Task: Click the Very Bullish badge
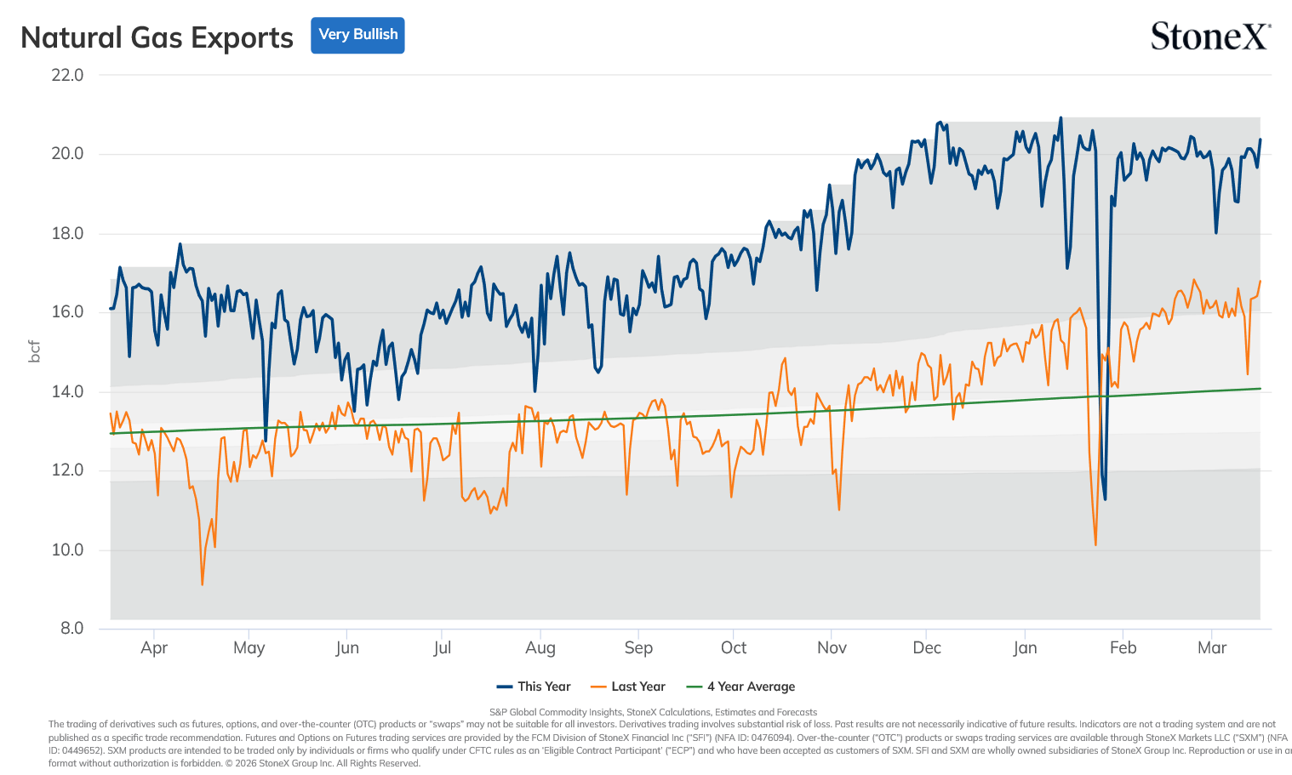point(357,35)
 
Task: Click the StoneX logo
point(1210,36)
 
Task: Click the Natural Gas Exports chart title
point(157,37)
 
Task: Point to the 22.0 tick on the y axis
point(67,75)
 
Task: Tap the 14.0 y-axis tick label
point(67,391)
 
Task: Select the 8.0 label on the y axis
point(72,628)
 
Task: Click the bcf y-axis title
point(35,351)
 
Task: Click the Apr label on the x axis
point(154,647)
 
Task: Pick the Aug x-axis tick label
point(540,647)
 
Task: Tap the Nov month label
point(832,647)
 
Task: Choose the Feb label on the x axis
point(1123,647)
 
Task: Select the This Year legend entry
point(534,687)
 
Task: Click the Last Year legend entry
point(628,687)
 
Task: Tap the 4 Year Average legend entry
point(740,687)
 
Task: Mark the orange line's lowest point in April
point(203,584)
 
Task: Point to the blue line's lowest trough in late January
point(1105,499)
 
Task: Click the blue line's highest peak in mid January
point(1060,117)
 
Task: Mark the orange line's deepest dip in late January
point(1095,545)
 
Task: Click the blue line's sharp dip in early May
point(266,442)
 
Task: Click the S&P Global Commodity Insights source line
point(653,712)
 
